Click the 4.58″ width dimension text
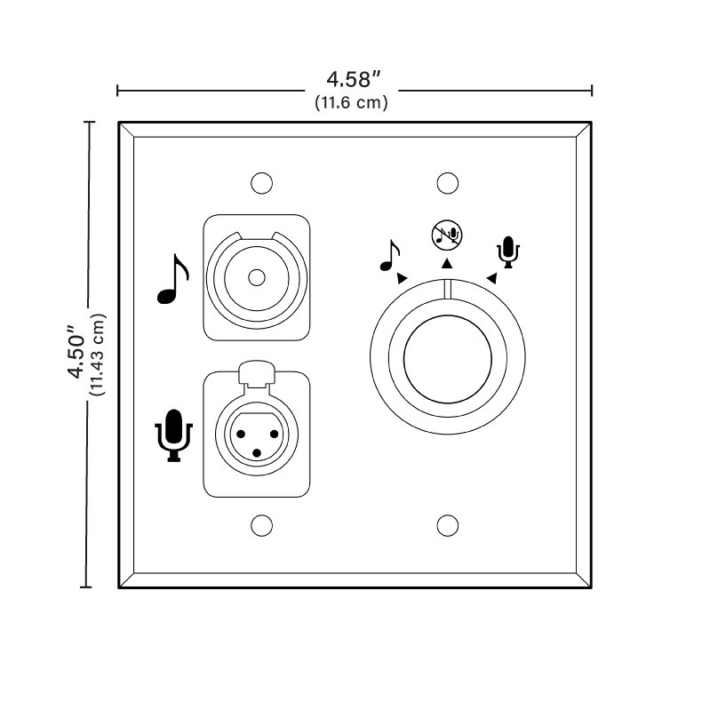[x=353, y=80]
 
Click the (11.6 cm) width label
[x=351, y=102]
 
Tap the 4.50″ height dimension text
[x=76, y=352]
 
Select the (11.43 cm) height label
[x=98, y=355]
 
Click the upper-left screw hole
[x=262, y=183]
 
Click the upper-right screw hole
[x=448, y=183]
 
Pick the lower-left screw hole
[x=262, y=526]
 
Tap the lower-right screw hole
[x=448, y=526]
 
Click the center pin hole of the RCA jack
[x=257, y=278]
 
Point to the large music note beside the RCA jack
[x=172, y=279]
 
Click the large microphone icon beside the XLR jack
[x=174, y=435]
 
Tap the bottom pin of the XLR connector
[x=257, y=453]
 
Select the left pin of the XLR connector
[x=241, y=435]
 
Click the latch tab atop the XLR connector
[x=257, y=374]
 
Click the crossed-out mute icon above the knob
[x=447, y=235]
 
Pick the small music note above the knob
[x=390, y=256]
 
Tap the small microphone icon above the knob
[x=508, y=252]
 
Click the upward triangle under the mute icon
[x=447, y=263]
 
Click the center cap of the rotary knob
[x=447, y=359]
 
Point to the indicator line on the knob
[x=447, y=290]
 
